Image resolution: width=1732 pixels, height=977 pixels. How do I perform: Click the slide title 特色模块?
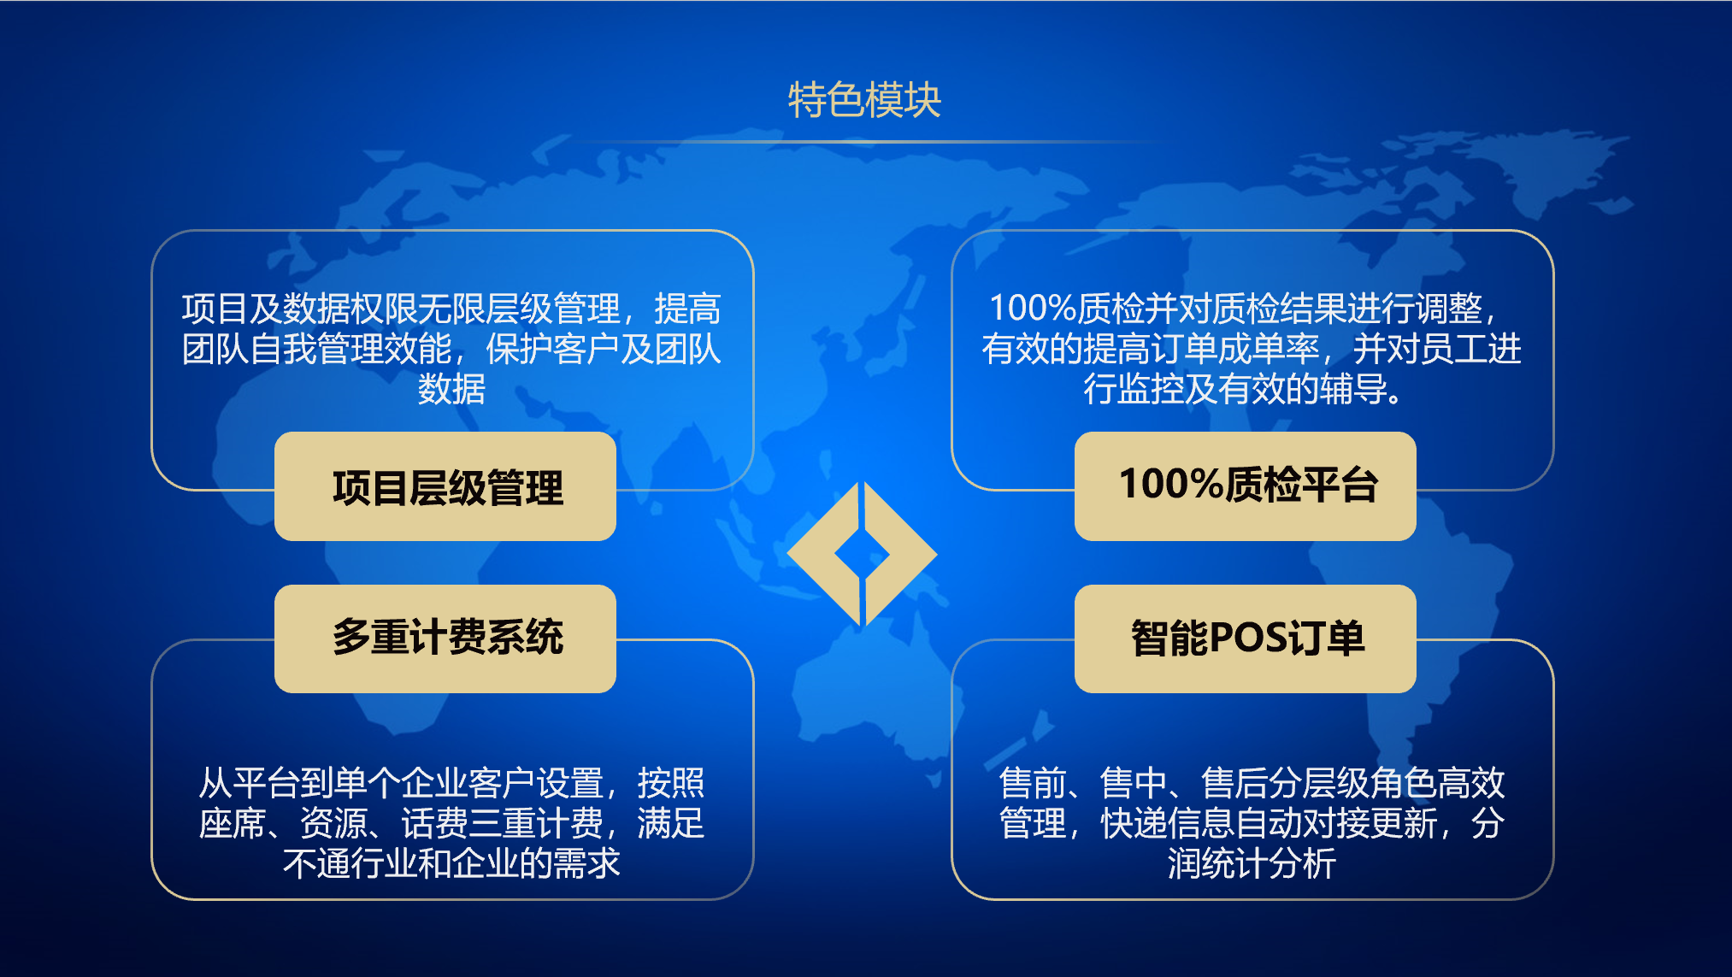tap(864, 100)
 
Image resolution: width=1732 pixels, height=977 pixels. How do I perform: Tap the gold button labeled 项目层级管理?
tap(445, 486)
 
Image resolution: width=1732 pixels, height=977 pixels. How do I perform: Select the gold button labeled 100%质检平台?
tap(1246, 486)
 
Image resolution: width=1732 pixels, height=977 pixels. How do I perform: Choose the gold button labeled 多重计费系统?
tap(445, 639)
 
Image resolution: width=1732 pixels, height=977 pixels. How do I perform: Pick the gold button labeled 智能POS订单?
tap(1246, 639)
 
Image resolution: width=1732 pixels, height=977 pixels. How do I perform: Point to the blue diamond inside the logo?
tap(862, 555)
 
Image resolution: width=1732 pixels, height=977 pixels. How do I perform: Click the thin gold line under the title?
tap(863, 140)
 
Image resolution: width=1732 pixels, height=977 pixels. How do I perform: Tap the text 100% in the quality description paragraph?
tap(1032, 308)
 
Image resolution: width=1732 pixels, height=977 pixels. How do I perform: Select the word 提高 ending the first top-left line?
tap(687, 309)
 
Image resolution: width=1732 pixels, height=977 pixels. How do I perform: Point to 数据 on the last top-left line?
tap(451, 389)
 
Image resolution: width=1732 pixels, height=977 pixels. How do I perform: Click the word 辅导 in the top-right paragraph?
tap(1353, 389)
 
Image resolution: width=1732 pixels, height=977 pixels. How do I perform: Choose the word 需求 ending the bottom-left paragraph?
tap(586, 863)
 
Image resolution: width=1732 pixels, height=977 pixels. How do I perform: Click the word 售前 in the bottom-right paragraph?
tap(1033, 782)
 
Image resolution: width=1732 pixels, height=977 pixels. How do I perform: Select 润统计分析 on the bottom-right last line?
tap(1252, 863)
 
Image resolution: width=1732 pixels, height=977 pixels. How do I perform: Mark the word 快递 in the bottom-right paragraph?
tap(1134, 823)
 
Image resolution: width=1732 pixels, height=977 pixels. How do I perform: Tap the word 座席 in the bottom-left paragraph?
tap(232, 823)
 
